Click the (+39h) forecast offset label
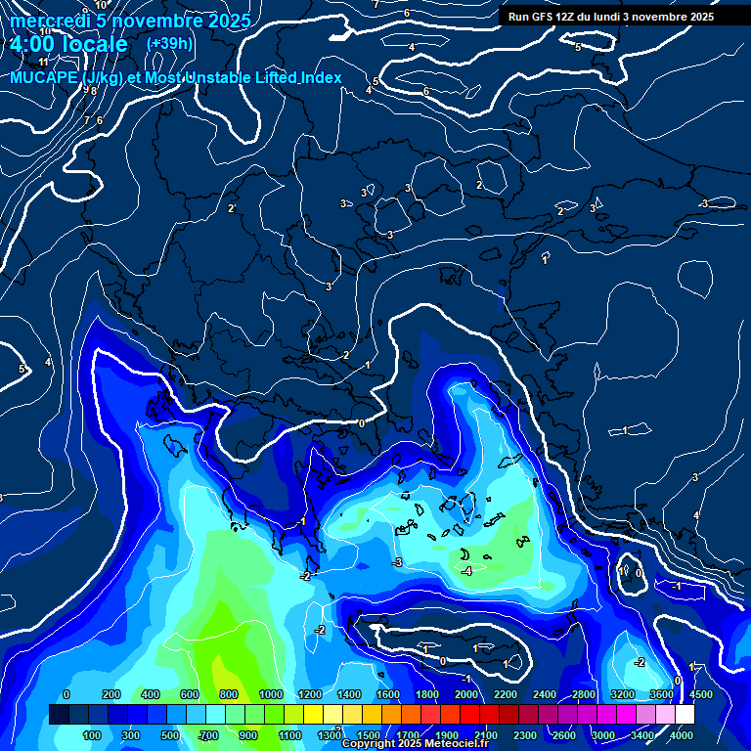pos(169,43)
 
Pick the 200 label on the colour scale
pos(110,694)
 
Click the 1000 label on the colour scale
pos(271,694)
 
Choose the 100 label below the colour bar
pos(92,735)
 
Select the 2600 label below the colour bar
pos(564,735)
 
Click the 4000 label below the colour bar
pos(682,735)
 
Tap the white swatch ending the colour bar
pos(685,715)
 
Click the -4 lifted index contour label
pos(467,571)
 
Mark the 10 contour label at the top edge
pos(102,5)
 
